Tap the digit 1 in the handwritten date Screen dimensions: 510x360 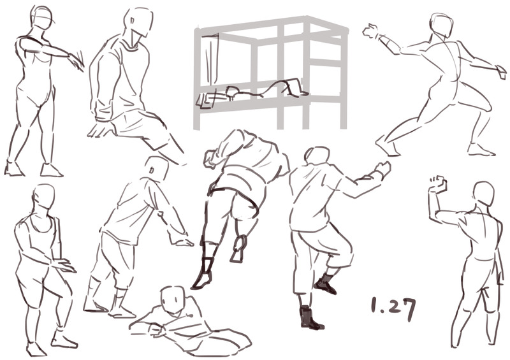[374, 305]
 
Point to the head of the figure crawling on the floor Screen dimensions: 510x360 [172, 299]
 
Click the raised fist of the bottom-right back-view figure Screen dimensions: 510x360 [438, 184]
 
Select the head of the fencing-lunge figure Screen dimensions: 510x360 [441, 25]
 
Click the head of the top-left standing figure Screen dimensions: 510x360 [41, 17]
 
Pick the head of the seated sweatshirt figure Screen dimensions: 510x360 [138, 22]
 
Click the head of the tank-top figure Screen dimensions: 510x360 [43, 198]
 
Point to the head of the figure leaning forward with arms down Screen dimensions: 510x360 [157, 169]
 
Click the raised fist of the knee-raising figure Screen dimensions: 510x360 [382, 169]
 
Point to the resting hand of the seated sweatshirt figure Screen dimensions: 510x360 [100, 129]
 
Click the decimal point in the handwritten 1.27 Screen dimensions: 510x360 [381, 311]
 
